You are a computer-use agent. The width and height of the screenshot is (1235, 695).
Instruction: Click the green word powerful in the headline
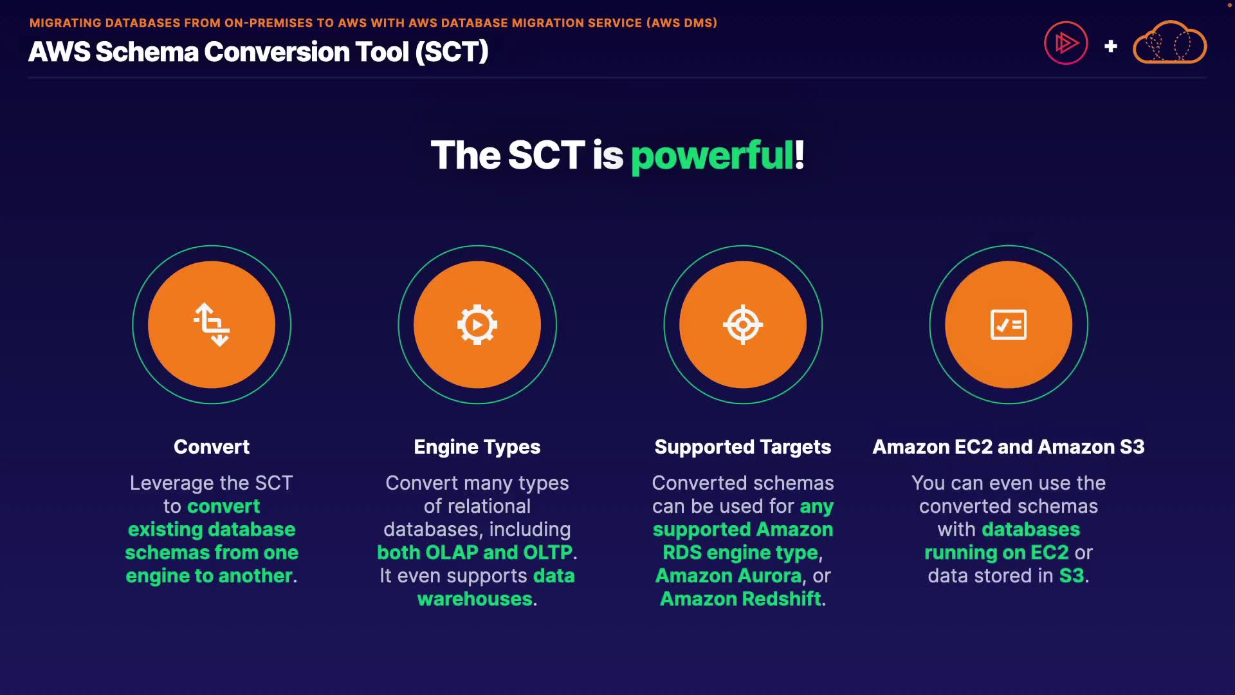[712, 156]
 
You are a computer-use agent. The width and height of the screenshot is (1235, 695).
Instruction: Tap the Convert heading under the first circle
[212, 447]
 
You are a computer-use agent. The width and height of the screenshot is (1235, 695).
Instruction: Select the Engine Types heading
[477, 447]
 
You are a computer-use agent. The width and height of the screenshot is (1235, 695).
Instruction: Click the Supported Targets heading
[743, 447]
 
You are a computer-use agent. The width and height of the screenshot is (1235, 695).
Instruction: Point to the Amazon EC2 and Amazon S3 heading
[1009, 447]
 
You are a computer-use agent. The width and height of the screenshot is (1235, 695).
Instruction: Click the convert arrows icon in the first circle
[212, 324]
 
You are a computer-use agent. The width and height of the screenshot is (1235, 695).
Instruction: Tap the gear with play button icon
[477, 324]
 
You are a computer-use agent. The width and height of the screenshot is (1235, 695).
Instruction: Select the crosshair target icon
[743, 324]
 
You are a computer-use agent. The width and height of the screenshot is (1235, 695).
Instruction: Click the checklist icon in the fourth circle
[1009, 324]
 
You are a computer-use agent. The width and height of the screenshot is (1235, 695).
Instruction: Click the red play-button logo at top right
[1066, 43]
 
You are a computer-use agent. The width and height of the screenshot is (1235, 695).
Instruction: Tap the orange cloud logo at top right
[1169, 42]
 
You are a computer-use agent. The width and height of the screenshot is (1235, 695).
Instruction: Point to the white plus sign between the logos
[1111, 46]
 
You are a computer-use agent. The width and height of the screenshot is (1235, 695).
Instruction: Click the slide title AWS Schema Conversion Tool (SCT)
[259, 52]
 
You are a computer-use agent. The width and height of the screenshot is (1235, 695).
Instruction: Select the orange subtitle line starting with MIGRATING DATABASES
[373, 23]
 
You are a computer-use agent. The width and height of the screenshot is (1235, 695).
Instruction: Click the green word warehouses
[475, 599]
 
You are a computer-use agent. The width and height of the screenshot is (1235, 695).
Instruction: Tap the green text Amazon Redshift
[741, 599]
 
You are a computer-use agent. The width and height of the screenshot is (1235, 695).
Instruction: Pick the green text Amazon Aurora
[729, 576]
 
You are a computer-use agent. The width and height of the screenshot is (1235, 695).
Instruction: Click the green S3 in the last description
[1072, 576]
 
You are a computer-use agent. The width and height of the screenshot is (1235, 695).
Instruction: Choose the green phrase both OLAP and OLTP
[475, 553]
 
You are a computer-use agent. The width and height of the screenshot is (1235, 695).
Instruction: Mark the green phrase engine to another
[209, 576]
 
